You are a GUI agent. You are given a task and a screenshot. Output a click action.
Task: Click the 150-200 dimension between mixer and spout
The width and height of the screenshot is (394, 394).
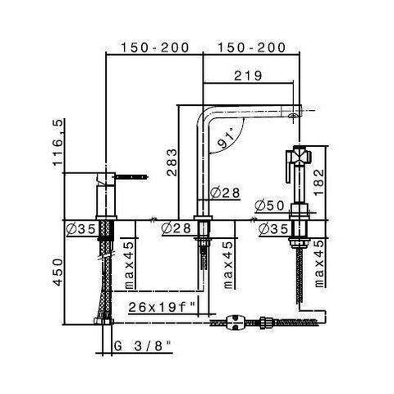(156, 48)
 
